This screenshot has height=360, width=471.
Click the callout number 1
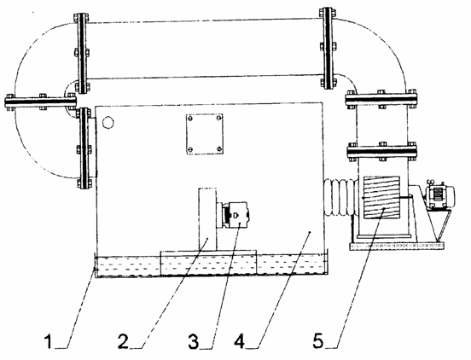click(x=49, y=342)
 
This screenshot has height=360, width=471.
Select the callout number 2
click(x=124, y=341)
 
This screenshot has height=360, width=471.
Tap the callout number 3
click(x=194, y=342)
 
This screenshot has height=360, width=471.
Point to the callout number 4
click(x=240, y=341)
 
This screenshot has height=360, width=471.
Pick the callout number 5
click(x=318, y=341)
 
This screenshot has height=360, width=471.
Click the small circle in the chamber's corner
click(x=108, y=122)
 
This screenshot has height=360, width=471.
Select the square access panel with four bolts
click(x=205, y=134)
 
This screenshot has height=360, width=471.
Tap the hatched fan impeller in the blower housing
click(x=381, y=197)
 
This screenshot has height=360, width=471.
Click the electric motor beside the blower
click(x=439, y=195)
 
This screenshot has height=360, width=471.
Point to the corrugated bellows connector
click(x=340, y=197)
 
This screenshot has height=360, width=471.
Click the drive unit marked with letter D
click(x=235, y=215)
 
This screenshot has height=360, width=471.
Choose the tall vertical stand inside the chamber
click(x=207, y=219)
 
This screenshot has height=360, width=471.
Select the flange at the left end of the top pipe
click(x=81, y=52)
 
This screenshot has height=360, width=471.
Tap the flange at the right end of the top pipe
click(x=329, y=48)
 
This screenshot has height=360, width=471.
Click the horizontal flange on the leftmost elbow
click(x=40, y=102)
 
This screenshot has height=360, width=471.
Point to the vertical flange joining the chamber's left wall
click(x=84, y=148)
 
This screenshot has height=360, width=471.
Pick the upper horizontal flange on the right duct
click(x=381, y=99)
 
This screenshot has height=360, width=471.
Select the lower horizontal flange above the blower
click(x=382, y=151)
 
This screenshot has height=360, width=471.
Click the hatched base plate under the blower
click(x=397, y=246)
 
